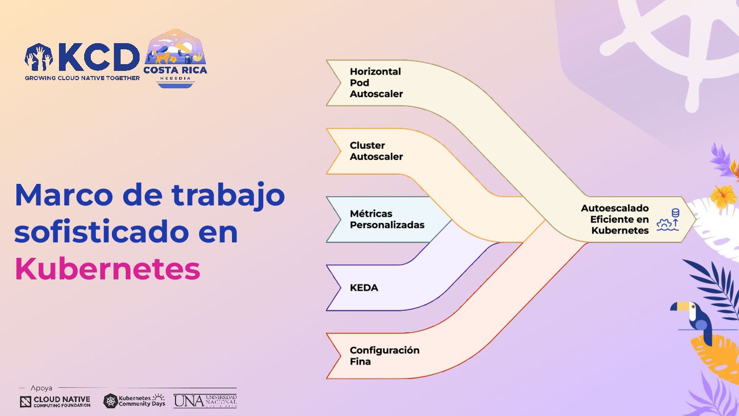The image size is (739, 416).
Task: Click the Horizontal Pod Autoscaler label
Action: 376,83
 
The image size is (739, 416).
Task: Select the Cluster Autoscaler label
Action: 376,151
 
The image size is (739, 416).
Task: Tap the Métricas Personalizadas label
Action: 387,219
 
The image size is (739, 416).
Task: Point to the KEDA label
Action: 364,288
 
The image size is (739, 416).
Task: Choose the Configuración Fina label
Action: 384,355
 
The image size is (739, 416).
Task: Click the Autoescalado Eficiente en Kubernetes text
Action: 615,219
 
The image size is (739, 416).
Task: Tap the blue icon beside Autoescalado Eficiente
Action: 668,220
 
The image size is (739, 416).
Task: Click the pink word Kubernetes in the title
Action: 107,269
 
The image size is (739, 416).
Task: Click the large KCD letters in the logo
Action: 99,58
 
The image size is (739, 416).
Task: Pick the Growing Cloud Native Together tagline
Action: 82,78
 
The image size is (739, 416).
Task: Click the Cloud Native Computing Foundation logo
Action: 55,402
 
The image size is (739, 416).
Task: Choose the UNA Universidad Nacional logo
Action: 205,401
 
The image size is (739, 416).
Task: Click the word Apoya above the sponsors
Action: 41,388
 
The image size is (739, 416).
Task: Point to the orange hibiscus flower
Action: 724,197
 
